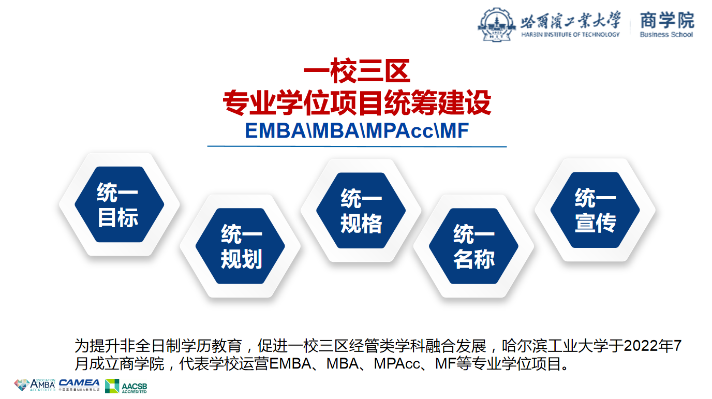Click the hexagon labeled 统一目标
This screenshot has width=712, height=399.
click(119, 204)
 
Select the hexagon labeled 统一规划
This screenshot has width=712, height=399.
click(240, 246)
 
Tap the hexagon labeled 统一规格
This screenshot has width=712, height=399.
click(361, 211)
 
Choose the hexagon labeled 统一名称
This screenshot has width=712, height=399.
click(473, 246)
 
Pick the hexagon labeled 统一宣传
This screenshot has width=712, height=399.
click(595, 210)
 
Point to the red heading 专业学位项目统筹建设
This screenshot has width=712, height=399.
click(357, 102)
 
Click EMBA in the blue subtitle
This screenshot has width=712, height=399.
click(276, 130)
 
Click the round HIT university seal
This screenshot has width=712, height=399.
click(497, 25)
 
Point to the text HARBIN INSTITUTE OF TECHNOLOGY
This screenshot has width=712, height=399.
click(570, 34)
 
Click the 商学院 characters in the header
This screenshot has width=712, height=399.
click(667, 20)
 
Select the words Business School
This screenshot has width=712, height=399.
click(666, 34)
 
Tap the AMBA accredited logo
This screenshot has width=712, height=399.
click(35, 385)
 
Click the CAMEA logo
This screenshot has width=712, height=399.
click(79, 385)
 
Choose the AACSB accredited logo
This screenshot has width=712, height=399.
click(126, 386)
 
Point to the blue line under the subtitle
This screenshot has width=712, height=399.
click(357, 146)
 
